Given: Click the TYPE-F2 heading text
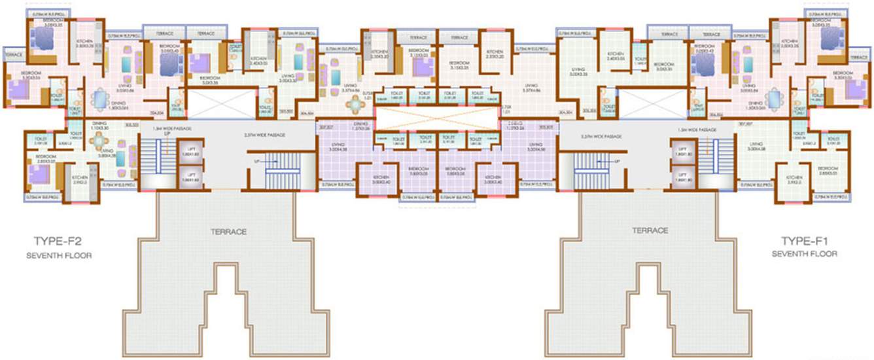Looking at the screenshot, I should pyautogui.click(x=62, y=241).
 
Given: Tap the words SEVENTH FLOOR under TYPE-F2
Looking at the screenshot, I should pyautogui.click(x=62, y=255).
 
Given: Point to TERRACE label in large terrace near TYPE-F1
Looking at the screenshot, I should pyautogui.click(x=650, y=230).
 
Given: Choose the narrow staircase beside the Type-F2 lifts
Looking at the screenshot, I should pyautogui.click(x=150, y=161).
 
